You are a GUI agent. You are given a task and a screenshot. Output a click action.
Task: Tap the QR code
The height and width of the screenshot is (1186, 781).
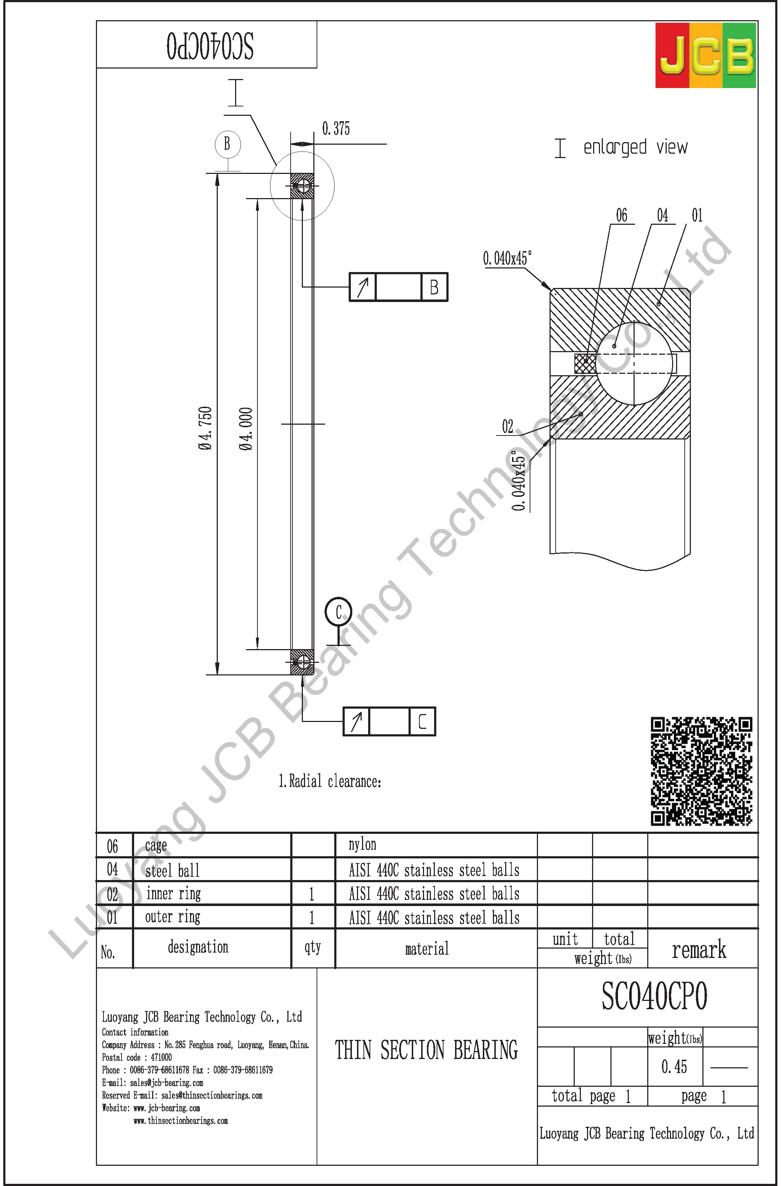(701, 771)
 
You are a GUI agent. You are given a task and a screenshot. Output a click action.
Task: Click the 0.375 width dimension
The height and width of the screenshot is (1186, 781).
(336, 128)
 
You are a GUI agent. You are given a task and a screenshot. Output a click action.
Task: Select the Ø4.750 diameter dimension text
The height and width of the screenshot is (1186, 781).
(205, 429)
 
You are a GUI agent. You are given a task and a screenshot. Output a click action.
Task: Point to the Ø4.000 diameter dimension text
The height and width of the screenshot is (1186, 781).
(246, 429)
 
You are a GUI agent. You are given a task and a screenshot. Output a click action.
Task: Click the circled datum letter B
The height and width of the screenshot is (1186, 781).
(228, 145)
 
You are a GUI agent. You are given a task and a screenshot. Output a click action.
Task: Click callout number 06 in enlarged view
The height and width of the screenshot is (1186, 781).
(622, 215)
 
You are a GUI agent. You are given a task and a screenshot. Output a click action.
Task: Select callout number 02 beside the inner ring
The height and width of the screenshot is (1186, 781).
(507, 426)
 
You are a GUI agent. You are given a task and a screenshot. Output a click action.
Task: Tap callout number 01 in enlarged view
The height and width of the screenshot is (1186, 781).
(697, 215)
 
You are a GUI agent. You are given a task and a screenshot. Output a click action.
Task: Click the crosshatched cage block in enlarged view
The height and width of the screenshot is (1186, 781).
(584, 363)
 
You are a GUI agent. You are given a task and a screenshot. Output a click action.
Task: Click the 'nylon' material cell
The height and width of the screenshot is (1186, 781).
(363, 844)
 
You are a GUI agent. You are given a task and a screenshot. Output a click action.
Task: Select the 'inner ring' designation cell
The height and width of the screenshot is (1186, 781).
(173, 893)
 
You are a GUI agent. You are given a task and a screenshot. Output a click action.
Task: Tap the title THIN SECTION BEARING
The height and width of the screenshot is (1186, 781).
(426, 1050)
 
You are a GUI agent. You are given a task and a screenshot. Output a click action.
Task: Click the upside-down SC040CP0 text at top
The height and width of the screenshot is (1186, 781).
(210, 46)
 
